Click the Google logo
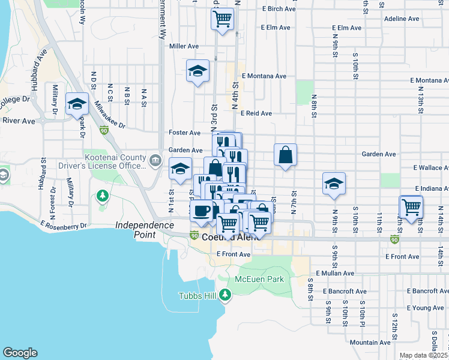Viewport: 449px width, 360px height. pos(20,353)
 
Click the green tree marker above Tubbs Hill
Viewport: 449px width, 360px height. pos(225,294)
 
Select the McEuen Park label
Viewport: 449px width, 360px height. pos(259,279)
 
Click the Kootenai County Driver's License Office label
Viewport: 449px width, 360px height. pos(107,161)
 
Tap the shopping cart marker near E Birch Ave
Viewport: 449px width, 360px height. pos(222,19)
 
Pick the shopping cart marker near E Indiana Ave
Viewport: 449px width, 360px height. pos(411,208)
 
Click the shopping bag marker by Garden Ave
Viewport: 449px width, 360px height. pos(286,155)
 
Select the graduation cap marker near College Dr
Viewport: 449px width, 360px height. pos(77,104)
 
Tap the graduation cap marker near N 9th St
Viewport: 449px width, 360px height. pos(334,184)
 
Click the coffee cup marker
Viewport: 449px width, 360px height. pos(201,211)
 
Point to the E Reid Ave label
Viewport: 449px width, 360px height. pos(256,113)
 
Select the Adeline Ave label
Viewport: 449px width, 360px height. pos(402,19)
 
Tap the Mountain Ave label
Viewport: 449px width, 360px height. pos(370,342)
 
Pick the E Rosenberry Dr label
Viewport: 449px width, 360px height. pos(64,225)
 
